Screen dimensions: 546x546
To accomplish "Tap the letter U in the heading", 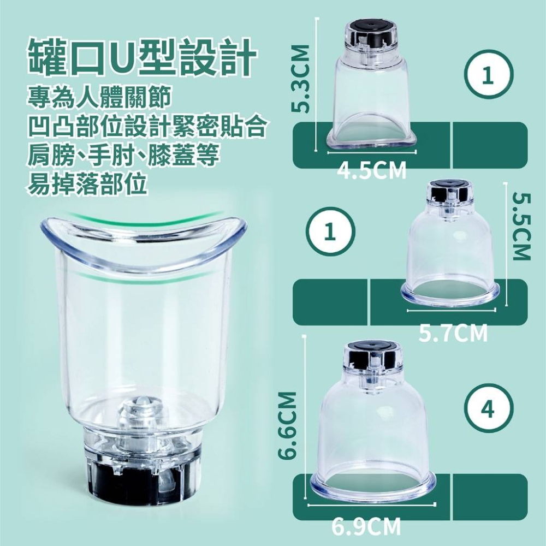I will [x=124, y=57].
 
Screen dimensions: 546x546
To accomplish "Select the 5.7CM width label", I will [x=453, y=333].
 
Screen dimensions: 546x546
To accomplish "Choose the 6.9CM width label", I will [x=366, y=527].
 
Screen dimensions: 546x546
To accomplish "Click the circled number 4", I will [x=489, y=409].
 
